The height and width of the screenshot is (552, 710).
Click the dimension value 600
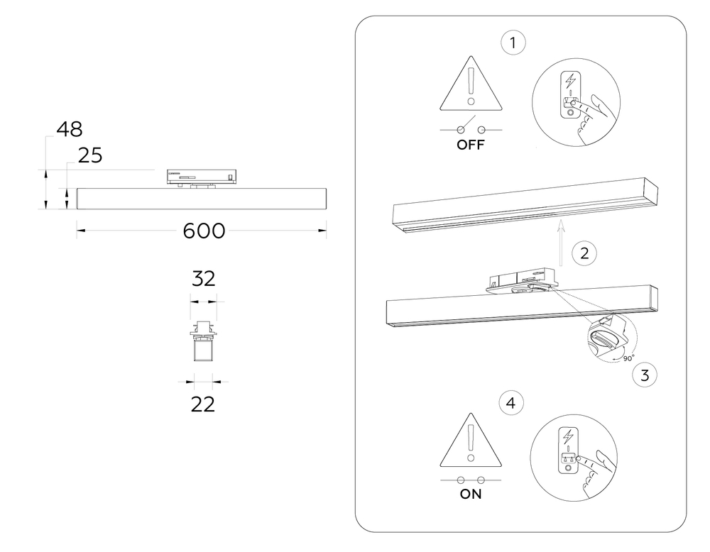(x=204, y=231)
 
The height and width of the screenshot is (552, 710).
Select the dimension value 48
(x=70, y=129)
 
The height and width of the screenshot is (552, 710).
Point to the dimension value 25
(x=90, y=155)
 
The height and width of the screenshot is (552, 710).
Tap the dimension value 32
(x=203, y=278)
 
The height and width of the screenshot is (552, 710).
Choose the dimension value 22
(x=203, y=404)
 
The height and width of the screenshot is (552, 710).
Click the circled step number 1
(x=513, y=43)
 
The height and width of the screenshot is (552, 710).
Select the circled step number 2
(x=584, y=253)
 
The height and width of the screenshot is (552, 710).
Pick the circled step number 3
(x=644, y=375)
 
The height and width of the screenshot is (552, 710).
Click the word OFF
(x=471, y=146)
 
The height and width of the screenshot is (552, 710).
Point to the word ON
(x=471, y=495)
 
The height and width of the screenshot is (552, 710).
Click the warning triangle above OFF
(x=471, y=89)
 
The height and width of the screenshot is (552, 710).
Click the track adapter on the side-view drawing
(x=202, y=177)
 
